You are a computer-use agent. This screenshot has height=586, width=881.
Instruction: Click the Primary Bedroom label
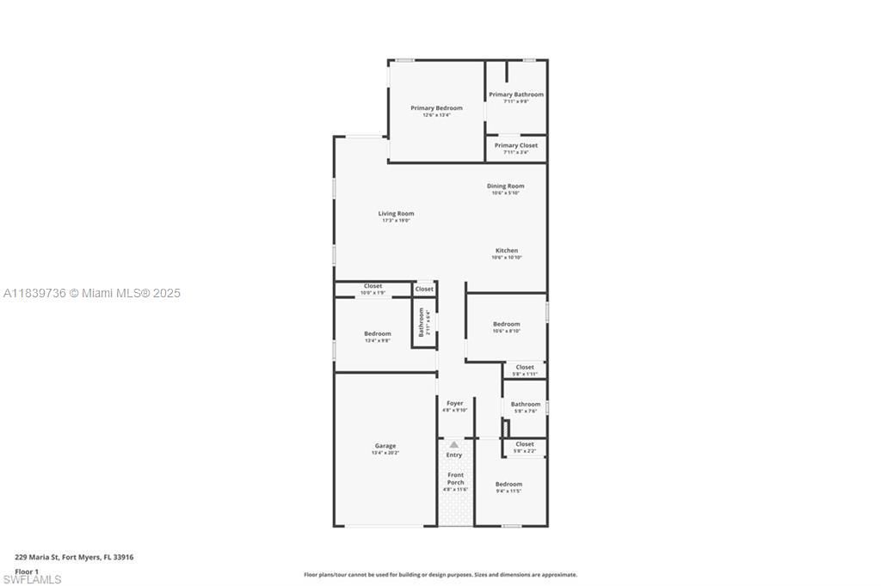(436, 108)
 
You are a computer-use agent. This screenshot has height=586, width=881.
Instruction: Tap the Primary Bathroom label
(516, 95)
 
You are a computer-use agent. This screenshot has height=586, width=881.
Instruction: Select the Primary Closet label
(516, 145)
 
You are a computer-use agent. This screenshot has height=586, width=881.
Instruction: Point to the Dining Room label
(505, 186)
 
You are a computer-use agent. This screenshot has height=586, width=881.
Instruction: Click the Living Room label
(396, 213)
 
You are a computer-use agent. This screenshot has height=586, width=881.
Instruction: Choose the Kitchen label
(507, 251)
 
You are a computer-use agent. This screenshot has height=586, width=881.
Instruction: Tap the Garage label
(385, 446)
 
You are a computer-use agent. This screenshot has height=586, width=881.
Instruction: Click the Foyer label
(454, 403)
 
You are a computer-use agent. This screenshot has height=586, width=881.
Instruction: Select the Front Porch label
(455, 479)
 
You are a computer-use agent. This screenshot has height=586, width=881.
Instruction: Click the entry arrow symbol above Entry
(454, 444)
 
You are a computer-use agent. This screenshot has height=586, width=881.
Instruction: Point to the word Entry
(454, 455)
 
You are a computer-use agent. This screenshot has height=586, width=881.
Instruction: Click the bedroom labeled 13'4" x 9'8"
(377, 333)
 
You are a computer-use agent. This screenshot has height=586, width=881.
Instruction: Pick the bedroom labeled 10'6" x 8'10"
(506, 324)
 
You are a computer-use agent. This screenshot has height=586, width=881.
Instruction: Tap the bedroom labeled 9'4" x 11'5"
(508, 485)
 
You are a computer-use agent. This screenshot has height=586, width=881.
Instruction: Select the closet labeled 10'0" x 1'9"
(373, 286)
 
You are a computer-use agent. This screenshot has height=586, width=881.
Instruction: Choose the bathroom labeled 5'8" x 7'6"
(525, 404)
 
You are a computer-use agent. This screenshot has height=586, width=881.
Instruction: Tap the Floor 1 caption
(27, 571)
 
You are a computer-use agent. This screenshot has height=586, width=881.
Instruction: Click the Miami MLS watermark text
(92, 293)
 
